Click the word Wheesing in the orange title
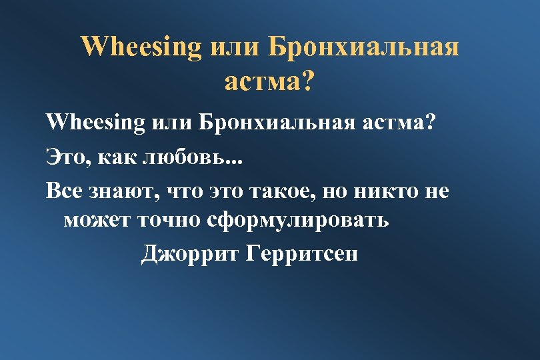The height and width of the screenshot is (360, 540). [141, 47]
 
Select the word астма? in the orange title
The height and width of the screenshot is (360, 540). [269, 82]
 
